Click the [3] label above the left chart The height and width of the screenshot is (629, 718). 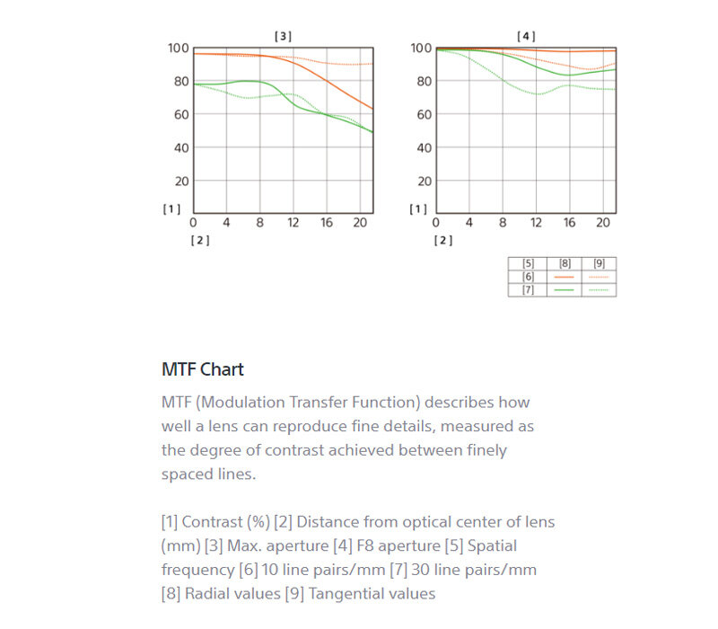point(283,36)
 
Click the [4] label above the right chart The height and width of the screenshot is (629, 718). point(526,36)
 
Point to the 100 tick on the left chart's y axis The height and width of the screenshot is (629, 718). point(179,48)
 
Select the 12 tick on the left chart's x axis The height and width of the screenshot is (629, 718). point(293,223)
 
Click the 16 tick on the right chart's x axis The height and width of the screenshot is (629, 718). point(569,223)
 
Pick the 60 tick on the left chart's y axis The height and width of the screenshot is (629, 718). point(181,114)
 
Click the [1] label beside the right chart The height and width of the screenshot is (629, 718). point(418,209)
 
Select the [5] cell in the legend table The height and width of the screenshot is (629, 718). point(528,264)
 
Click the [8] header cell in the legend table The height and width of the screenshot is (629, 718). point(564,264)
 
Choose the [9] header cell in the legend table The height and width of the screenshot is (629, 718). point(599,264)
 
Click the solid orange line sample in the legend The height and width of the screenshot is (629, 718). point(564,277)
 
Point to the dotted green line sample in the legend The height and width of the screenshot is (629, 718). point(599,289)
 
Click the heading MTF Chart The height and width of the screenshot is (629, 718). point(203,369)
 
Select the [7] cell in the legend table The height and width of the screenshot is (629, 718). point(528,289)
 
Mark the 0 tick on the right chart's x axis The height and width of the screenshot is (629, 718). point(436,223)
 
